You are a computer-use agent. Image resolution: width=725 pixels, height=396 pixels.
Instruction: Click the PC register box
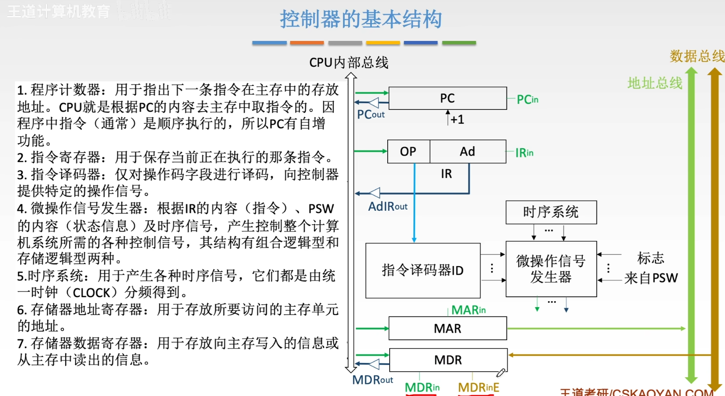[447, 98]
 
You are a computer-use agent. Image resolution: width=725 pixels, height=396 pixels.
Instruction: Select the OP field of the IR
[408, 152]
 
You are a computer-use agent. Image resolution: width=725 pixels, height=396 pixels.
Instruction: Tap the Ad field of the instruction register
[467, 152]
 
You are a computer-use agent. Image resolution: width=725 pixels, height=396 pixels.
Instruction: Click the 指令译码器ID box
[423, 270]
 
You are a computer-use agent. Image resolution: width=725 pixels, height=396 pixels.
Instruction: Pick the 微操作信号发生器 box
[551, 269]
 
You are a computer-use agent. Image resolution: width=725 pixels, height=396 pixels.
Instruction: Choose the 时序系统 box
[551, 212]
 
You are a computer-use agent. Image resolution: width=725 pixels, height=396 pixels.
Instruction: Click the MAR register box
[447, 328]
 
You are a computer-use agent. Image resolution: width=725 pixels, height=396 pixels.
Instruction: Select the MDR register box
[448, 360]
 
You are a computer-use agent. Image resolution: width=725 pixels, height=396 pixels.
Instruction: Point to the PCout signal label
[370, 115]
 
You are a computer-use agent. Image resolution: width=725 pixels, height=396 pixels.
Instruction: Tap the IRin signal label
[524, 153]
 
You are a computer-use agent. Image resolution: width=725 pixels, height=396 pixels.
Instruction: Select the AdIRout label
[388, 206]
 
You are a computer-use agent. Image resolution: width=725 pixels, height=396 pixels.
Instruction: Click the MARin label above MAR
[469, 310]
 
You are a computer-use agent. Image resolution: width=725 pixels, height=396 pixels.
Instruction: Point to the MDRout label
[372, 380]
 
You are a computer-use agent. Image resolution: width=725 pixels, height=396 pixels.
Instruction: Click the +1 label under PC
[457, 119]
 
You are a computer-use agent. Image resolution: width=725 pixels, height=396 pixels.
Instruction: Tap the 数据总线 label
[697, 56]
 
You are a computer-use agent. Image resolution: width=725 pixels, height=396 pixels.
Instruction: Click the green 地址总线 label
[654, 83]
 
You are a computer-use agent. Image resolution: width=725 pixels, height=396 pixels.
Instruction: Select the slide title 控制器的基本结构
[361, 20]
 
